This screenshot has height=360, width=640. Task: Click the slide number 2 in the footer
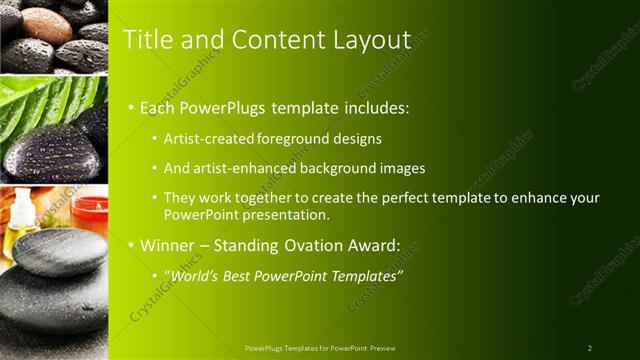[x=589, y=348]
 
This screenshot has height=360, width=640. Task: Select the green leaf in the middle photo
[x=30, y=100]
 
